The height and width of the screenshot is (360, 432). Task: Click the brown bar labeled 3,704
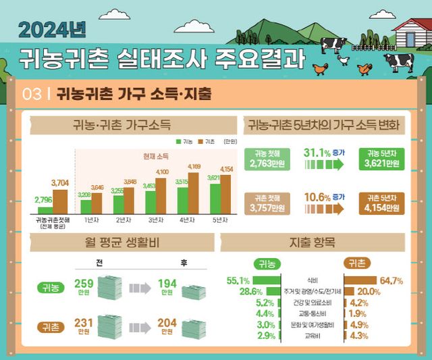pos(60,201)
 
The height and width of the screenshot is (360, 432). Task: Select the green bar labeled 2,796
pos(45,210)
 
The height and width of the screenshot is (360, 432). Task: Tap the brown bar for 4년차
pos(193,193)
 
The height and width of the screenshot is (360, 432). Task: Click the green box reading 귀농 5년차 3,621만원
pos(383,159)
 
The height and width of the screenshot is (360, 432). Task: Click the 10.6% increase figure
pos(315,197)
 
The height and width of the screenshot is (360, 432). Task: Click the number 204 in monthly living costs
pos(166,323)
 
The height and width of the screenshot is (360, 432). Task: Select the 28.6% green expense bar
pos(267,291)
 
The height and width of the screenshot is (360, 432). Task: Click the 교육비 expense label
pos(311,335)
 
